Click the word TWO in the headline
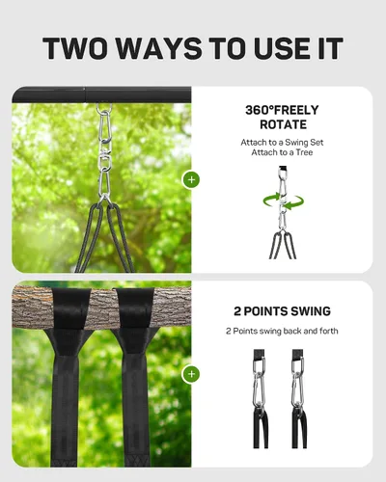75,48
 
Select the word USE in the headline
282,48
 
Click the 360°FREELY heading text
282,110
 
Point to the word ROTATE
283,124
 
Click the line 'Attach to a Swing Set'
282,143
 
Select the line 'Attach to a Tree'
282,152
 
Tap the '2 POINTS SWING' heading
282,311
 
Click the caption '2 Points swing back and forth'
282,331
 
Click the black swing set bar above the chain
101,95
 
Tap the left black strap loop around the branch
70,309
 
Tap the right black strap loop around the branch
134,309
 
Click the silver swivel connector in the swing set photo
105,158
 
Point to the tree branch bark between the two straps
103,308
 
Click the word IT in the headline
331,48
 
